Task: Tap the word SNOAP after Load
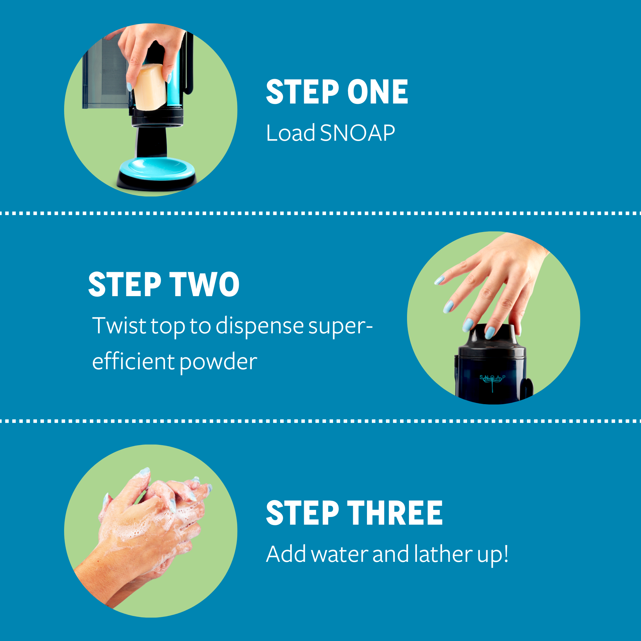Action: click(x=357, y=133)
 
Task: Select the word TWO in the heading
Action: click(x=204, y=284)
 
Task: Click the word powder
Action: click(x=218, y=362)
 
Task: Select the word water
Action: click(x=339, y=555)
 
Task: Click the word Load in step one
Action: click(x=291, y=133)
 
